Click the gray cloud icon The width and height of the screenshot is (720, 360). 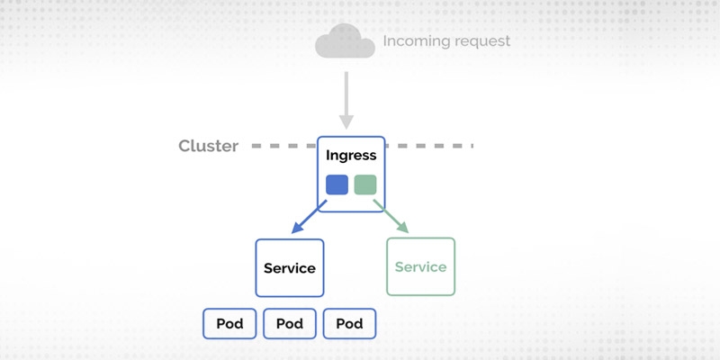click(x=344, y=41)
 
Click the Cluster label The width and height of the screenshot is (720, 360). click(x=208, y=146)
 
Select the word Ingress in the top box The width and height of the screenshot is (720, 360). click(x=351, y=156)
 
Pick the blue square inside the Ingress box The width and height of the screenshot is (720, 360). click(x=337, y=184)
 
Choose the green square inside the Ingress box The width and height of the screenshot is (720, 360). click(x=364, y=184)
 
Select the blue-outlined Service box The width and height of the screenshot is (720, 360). click(x=290, y=267)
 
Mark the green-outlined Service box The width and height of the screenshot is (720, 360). click(x=420, y=266)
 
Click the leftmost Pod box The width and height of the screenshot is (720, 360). click(x=230, y=324)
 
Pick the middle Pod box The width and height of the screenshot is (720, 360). click(x=290, y=324)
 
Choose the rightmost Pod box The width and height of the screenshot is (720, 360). click(x=348, y=324)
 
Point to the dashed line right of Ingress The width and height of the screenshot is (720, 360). click(x=430, y=145)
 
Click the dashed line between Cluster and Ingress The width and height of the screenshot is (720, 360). click(x=281, y=145)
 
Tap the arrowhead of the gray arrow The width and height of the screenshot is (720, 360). click(x=345, y=121)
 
